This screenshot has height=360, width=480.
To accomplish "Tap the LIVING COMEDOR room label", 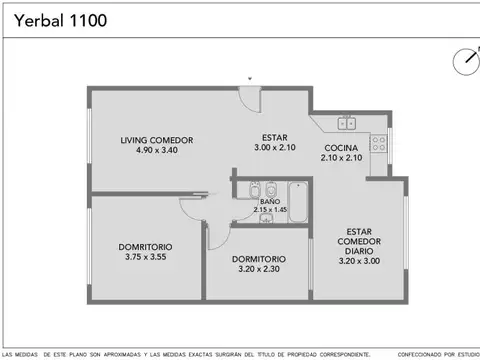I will click(156, 140).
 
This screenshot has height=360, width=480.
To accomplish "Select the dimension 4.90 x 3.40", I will click(156, 151).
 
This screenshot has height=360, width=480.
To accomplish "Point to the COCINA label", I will click(341, 148).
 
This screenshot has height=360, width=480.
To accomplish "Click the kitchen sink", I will click(345, 124).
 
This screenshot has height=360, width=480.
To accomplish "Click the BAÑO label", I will click(270, 202).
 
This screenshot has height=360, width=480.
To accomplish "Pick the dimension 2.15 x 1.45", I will click(270, 210).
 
